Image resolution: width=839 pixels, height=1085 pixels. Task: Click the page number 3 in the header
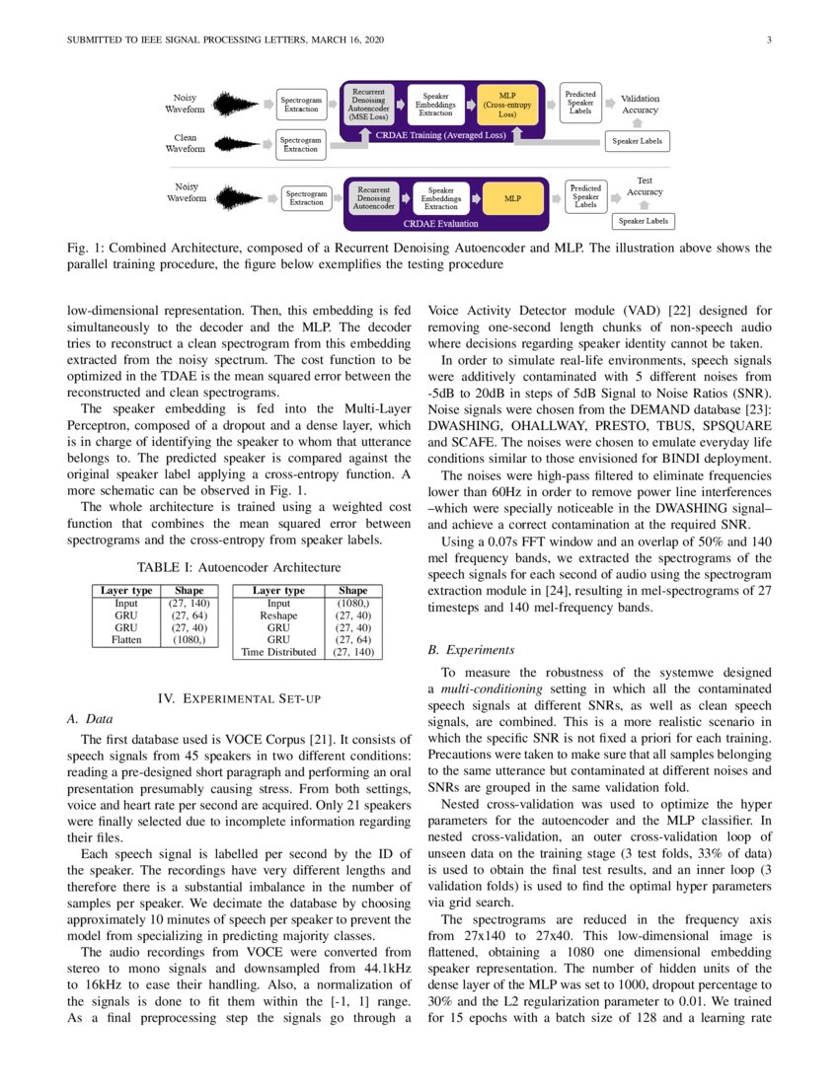tap(768, 39)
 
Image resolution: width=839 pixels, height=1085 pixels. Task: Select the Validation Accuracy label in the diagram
tap(640, 105)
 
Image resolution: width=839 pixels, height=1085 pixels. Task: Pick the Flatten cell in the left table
tap(126, 639)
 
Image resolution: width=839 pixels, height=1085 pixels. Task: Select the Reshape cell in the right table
tap(278, 615)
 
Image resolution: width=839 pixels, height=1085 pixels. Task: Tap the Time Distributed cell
tap(278, 652)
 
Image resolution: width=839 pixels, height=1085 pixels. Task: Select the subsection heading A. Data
tap(86, 719)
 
